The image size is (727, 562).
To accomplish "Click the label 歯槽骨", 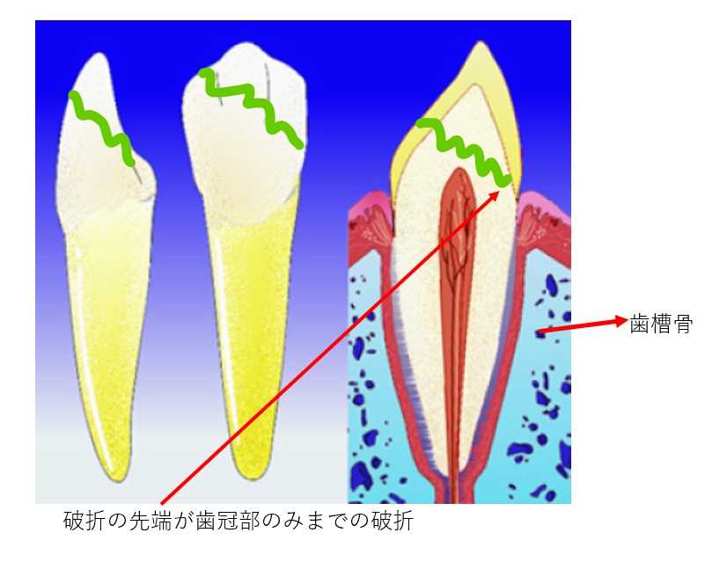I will point(661,323).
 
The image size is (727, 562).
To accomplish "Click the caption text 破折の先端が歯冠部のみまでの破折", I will point(239,522).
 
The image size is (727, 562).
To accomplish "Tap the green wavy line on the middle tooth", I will point(250,106).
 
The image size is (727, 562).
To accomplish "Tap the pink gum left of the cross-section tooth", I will point(370,220).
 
